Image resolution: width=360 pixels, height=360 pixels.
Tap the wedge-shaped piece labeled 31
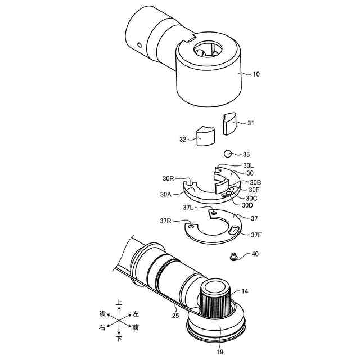[x=229, y=123]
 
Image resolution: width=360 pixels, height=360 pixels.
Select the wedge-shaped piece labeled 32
[x=205, y=136]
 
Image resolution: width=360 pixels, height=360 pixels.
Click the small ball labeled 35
[x=228, y=154]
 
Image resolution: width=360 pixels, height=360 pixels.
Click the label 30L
[x=249, y=165]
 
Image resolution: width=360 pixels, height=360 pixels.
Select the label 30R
[x=168, y=178]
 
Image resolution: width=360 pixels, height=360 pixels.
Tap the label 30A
[x=165, y=194]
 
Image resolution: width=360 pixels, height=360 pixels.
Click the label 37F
[x=256, y=235]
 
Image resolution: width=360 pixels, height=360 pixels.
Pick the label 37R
[x=165, y=220]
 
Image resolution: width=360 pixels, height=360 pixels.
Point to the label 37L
[x=188, y=207]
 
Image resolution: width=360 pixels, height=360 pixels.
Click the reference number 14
[x=245, y=291]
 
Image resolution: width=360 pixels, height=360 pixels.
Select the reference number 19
[x=220, y=352]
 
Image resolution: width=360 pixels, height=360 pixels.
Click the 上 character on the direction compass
[x=119, y=302]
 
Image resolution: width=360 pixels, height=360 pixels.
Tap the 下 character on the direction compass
[x=119, y=339]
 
